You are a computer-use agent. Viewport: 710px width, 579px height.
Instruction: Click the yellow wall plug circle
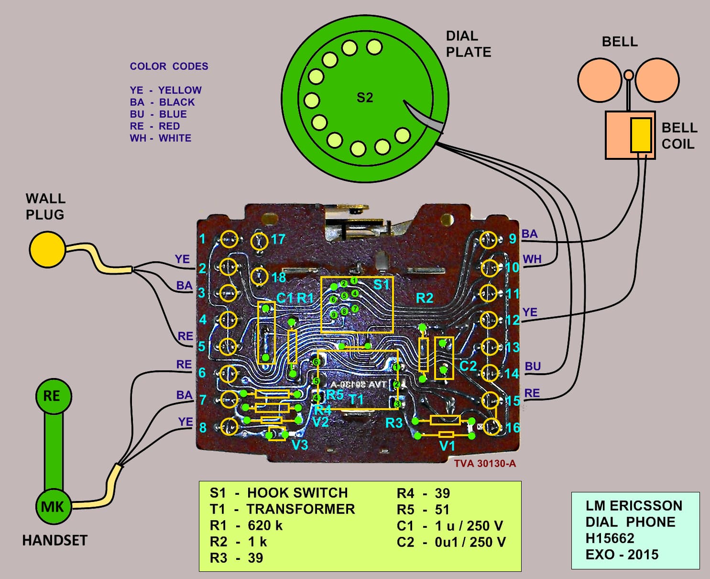tap(47, 249)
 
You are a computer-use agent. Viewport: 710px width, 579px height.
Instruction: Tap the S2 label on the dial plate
tap(364, 98)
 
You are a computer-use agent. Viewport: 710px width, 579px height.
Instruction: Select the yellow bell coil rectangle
tap(641, 135)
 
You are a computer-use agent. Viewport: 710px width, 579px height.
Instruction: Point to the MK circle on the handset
tap(53, 507)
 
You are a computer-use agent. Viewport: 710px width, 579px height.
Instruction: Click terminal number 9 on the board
tap(513, 238)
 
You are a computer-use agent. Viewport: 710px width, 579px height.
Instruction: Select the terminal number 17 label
tap(278, 239)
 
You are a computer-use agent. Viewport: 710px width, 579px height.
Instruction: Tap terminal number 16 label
tap(513, 427)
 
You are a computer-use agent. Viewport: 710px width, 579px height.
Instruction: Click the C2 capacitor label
tap(468, 366)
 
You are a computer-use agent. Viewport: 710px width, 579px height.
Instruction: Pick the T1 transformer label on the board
tap(356, 400)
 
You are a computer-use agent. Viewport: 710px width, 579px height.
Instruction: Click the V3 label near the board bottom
tap(300, 445)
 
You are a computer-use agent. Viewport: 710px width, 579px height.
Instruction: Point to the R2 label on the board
tap(424, 298)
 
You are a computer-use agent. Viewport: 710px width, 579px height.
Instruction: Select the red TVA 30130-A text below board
tap(485, 463)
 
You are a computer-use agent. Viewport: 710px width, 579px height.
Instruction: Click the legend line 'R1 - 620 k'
tap(246, 525)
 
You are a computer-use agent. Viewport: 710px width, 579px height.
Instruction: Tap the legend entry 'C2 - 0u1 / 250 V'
tap(451, 542)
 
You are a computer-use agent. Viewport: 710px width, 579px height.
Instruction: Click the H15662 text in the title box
tap(610, 538)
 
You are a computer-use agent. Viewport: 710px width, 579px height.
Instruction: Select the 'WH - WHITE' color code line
tap(160, 138)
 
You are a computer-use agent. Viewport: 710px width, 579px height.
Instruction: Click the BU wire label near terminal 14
tap(533, 367)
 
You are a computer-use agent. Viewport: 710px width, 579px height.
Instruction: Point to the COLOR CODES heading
tap(169, 67)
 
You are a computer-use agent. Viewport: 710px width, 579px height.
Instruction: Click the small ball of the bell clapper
tap(629, 75)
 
